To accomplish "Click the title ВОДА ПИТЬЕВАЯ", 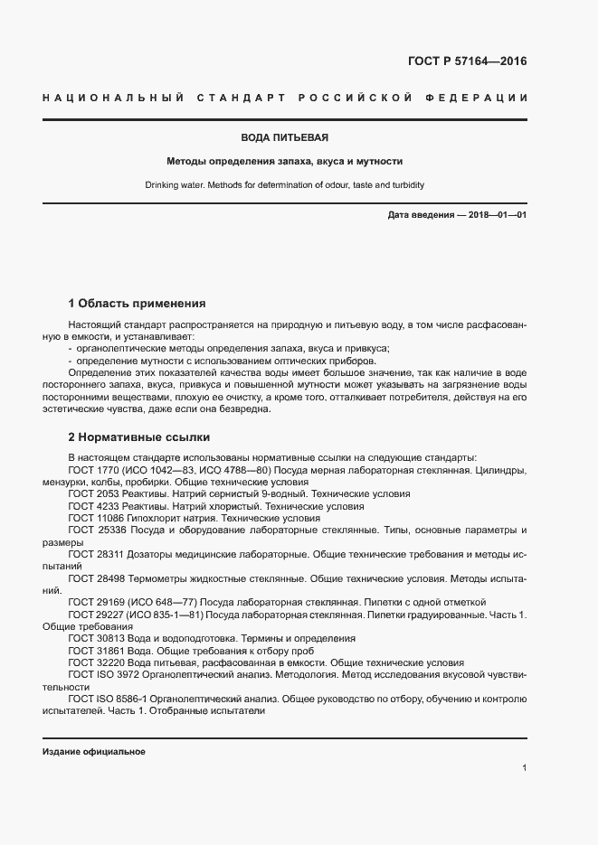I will coord(284,138).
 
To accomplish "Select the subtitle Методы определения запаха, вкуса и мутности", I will coord(284,162).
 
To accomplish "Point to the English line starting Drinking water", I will coord(284,184).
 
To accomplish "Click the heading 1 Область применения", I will coord(138,303).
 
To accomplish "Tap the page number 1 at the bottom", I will coord(524,767).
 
